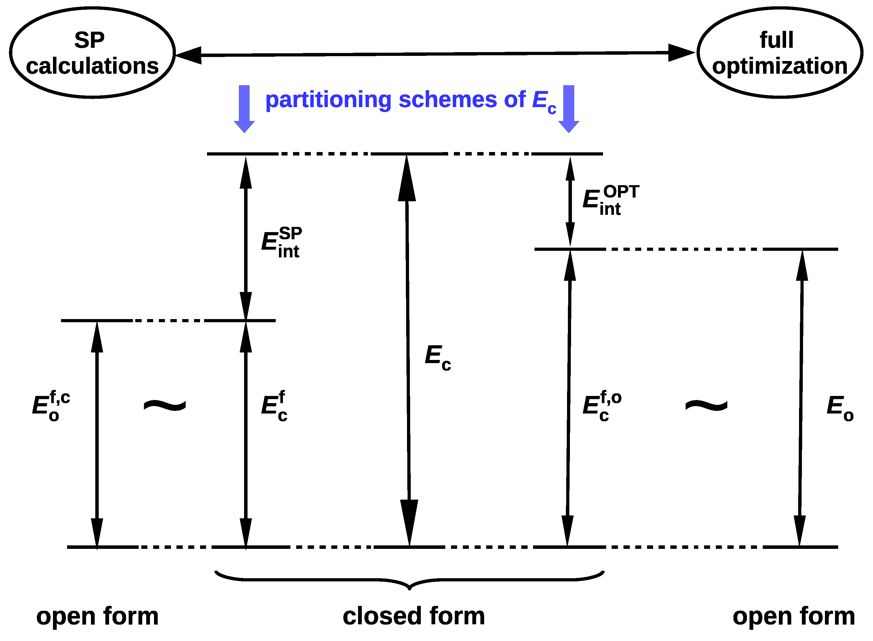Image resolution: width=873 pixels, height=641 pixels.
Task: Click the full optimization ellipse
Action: [779, 52]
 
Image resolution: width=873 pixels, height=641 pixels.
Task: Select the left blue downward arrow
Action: [244, 109]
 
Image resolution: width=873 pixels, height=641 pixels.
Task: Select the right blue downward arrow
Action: [568, 109]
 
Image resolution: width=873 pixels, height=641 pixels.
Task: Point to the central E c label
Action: [437, 357]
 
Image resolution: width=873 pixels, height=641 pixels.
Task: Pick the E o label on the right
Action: [840, 407]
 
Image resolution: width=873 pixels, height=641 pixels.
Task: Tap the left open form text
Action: [97, 616]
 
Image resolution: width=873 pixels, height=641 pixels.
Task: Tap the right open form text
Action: [794, 616]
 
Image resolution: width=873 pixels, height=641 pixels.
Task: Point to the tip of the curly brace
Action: [410, 589]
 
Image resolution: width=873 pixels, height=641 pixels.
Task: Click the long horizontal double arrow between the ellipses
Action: [434, 54]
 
